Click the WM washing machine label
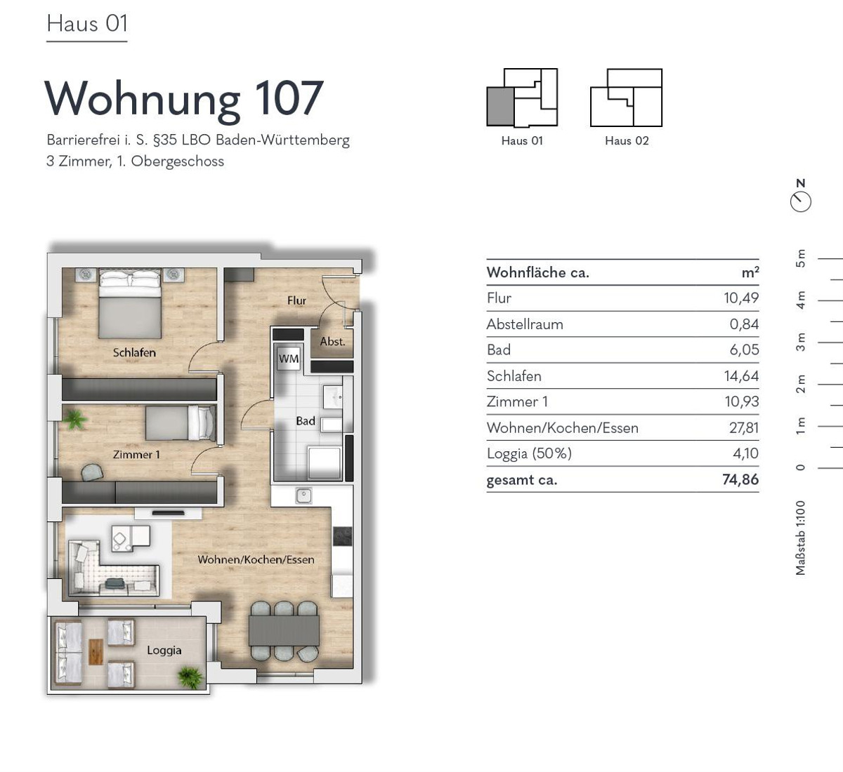(289, 359)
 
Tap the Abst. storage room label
(332, 342)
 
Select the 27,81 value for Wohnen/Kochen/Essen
(744, 427)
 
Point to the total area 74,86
(740, 479)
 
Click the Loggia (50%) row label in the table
(529, 453)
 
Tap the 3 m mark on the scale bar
(801, 342)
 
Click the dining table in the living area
(284, 630)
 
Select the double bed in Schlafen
(130, 303)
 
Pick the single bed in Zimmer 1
(181, 422)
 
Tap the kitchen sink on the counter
(303, 495)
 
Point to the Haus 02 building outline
(626, 98)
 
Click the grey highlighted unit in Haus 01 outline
(500, 106)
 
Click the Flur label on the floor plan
(296, 300)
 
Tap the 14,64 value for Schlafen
(741, 376)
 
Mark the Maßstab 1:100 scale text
(801, 538)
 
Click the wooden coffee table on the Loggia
(96, 652)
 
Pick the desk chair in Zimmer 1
(92, 472)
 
